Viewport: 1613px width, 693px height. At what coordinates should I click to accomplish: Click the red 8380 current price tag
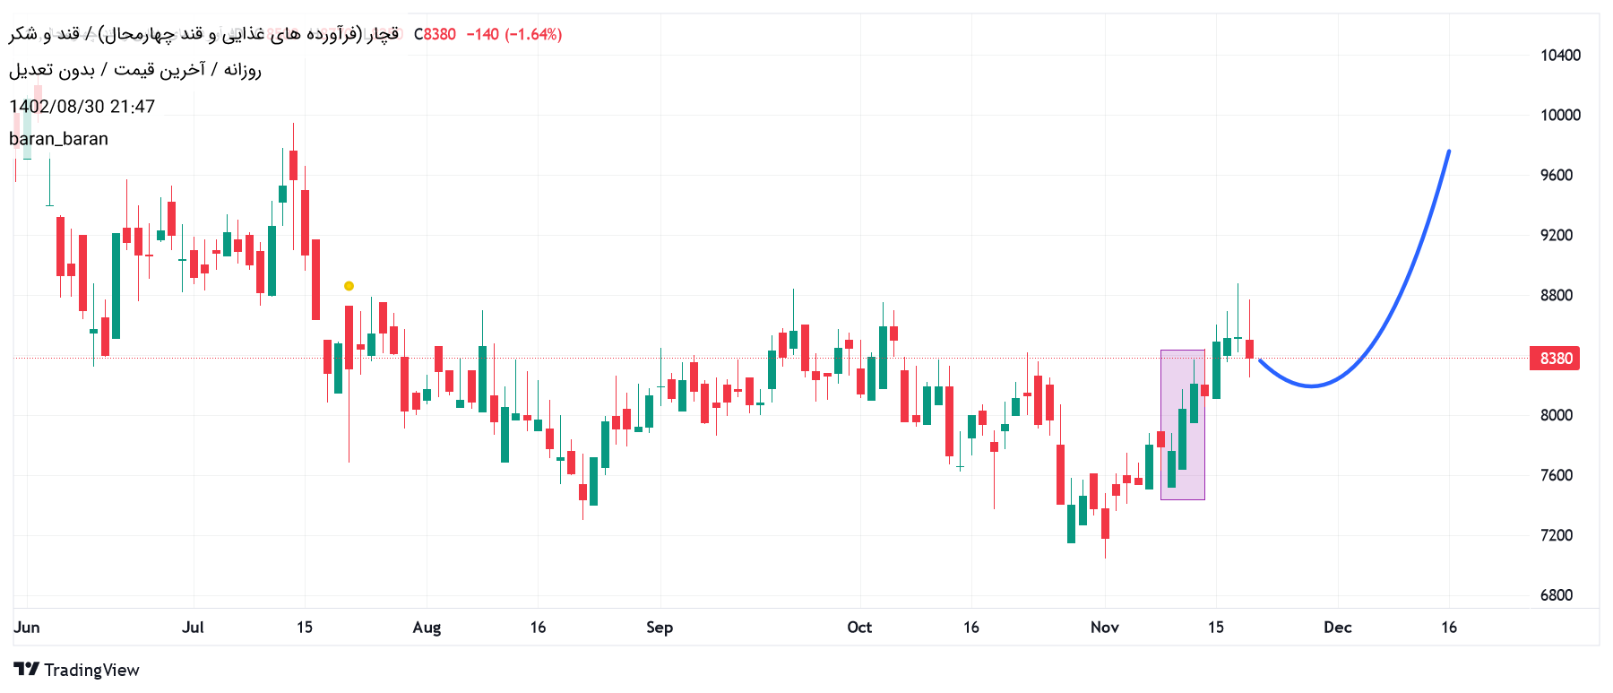[1556, 359]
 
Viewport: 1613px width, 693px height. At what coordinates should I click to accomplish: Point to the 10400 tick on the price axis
[1560, 56]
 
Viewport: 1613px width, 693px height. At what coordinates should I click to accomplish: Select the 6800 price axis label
[1557, 595]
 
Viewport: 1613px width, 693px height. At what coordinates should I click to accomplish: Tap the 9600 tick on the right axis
[1557, 176]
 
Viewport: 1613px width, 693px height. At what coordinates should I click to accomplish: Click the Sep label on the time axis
[660, 628]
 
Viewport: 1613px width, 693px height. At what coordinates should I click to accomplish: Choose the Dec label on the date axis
[1337, 628]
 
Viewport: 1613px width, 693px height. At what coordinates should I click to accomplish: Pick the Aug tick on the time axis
[427, 628]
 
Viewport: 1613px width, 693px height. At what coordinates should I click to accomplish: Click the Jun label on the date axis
[27, 628]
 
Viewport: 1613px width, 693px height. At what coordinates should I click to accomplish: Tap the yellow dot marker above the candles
[349, 286]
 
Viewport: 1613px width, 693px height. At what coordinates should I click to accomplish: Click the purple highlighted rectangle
[1182, 425]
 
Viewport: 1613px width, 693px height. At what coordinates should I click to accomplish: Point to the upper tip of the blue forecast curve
[1449, 152]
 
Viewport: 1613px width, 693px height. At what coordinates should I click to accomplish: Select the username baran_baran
[59, 139]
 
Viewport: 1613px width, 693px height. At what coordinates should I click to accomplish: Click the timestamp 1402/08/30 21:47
[82, 107]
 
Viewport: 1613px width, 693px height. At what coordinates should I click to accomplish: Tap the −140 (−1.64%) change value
[513, 34]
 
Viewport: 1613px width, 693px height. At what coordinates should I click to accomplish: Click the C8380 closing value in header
[435, 34]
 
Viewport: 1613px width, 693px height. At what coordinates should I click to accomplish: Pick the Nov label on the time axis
[1104, 628]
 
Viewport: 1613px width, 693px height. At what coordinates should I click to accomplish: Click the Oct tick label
[859, 628]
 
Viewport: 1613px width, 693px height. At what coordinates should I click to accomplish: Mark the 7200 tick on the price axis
[1557, 535]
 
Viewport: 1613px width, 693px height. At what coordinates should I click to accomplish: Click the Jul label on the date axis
[193, 628]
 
